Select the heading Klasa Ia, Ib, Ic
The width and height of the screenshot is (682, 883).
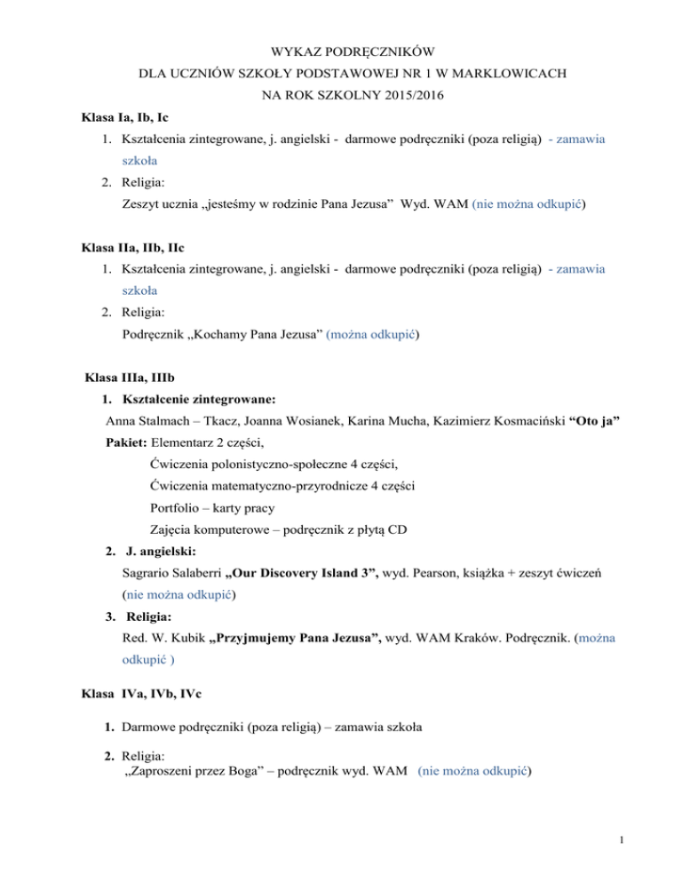coord(127,116)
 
